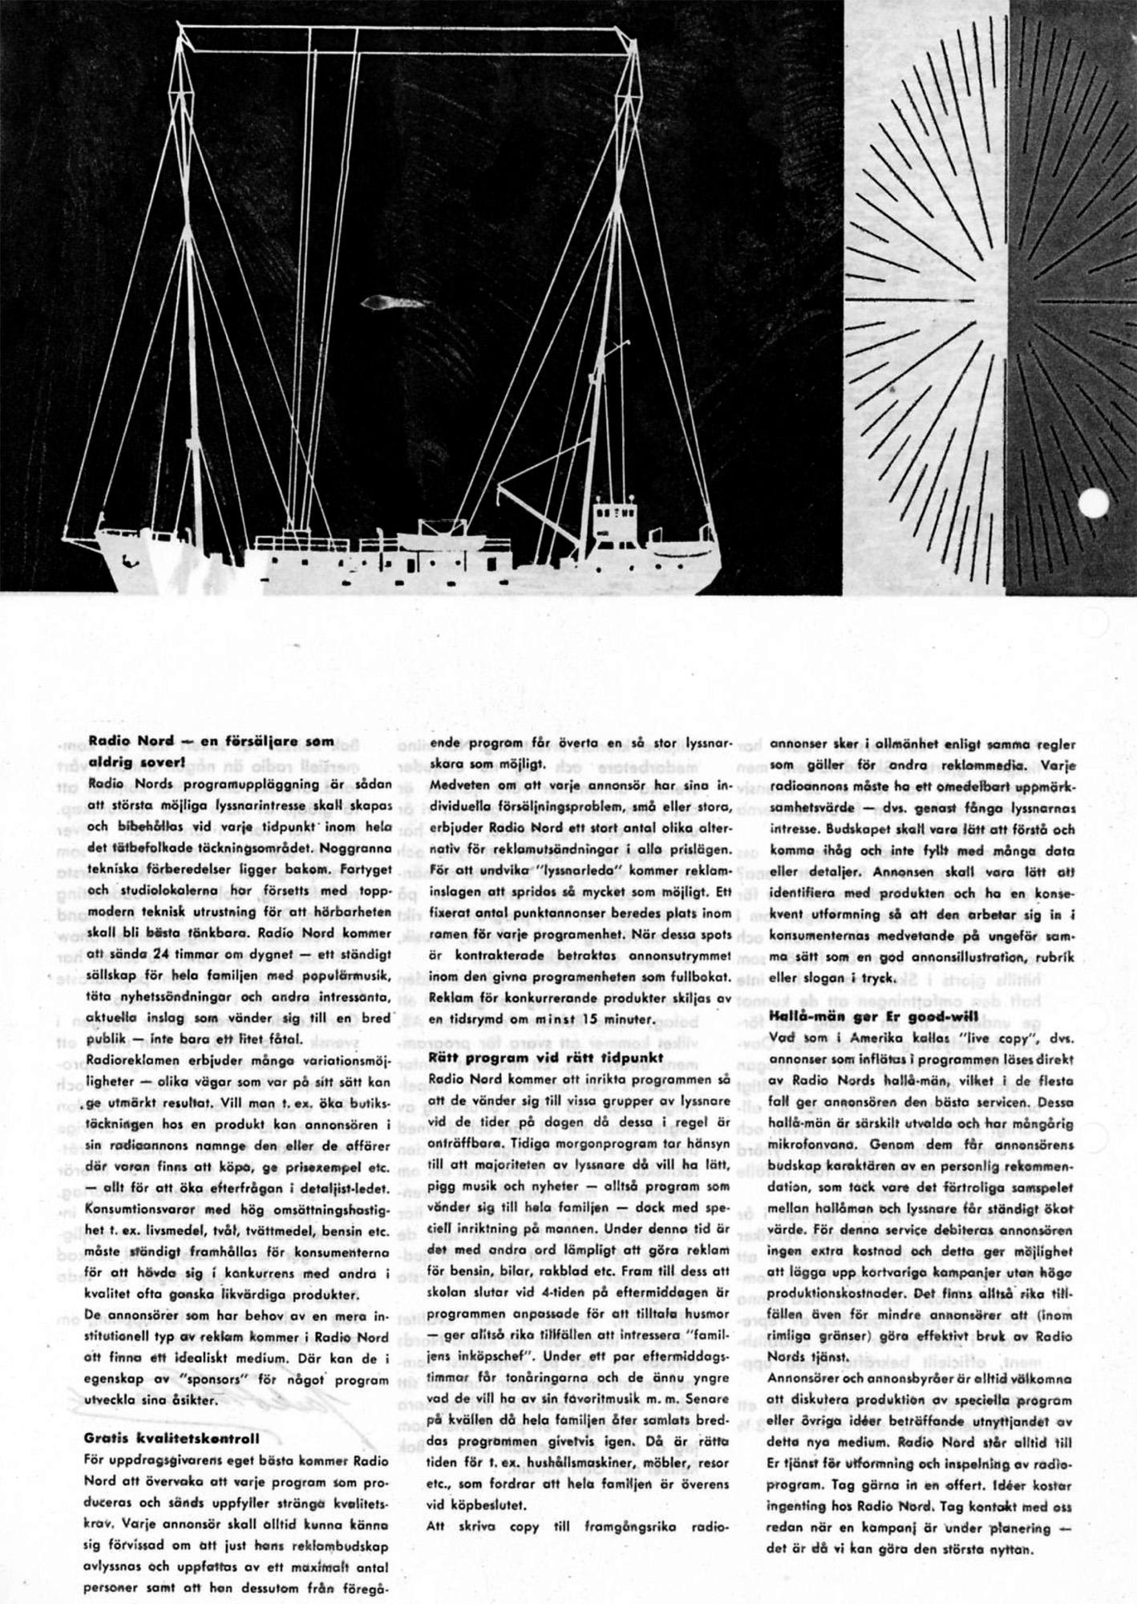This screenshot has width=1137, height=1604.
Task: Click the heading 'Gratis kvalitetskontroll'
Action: [x=171, y=1439]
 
